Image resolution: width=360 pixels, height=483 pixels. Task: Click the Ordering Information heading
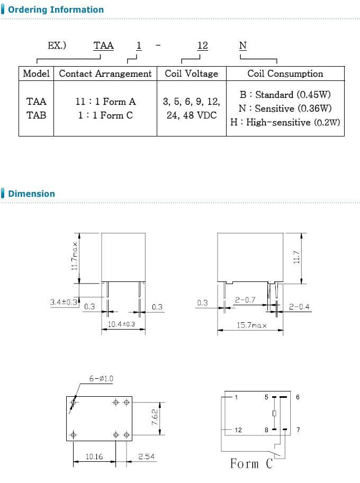click(x=56, y=10)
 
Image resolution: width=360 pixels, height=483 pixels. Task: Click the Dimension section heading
click(x=31, y=194)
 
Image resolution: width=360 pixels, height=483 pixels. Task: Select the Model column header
click(x=37, y=74)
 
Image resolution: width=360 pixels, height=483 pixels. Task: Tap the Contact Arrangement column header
click(x=105, y=74)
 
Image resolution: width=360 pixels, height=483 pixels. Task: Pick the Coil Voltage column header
click(x=192, y=74)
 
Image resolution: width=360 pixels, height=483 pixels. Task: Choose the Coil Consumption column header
click(x=285, y=74)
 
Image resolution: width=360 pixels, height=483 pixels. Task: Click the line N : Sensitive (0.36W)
click(x=285, y=108)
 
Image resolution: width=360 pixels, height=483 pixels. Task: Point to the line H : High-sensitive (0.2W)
click(x=285, y=122)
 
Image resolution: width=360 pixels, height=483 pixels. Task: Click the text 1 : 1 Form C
click(x=105, y=115)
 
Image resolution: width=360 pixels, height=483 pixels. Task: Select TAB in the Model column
click(x=37, y=115)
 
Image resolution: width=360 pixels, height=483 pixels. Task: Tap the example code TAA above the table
click(x=104, y=46)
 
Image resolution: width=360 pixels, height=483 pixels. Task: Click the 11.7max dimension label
click(x=75, y=257)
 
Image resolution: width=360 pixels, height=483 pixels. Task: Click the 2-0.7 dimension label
click(x=245, y=300)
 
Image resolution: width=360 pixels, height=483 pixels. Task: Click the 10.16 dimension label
click(x=94, y=456)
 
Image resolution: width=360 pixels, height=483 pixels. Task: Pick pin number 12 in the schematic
click(x=238, y=430)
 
